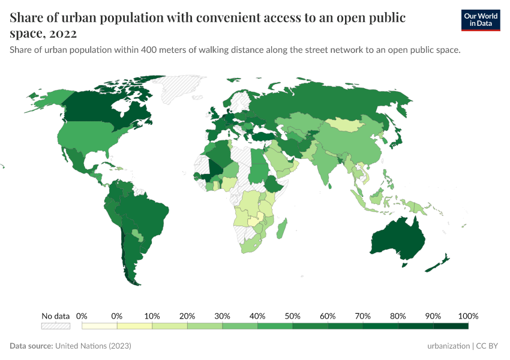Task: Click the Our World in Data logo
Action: tap(480, 20)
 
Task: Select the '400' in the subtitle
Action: tap(151, 50)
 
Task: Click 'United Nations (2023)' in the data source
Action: tap(93, 346)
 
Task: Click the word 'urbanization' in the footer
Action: tap(449, 346)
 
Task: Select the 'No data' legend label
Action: tap(55, 316)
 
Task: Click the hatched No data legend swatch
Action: tap(55, 326)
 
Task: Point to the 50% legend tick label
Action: tap(292, 316)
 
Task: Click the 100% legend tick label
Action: tap(467, 316)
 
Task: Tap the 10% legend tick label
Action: tap(152, 316)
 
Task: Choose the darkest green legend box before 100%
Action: tap(451, 326)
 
